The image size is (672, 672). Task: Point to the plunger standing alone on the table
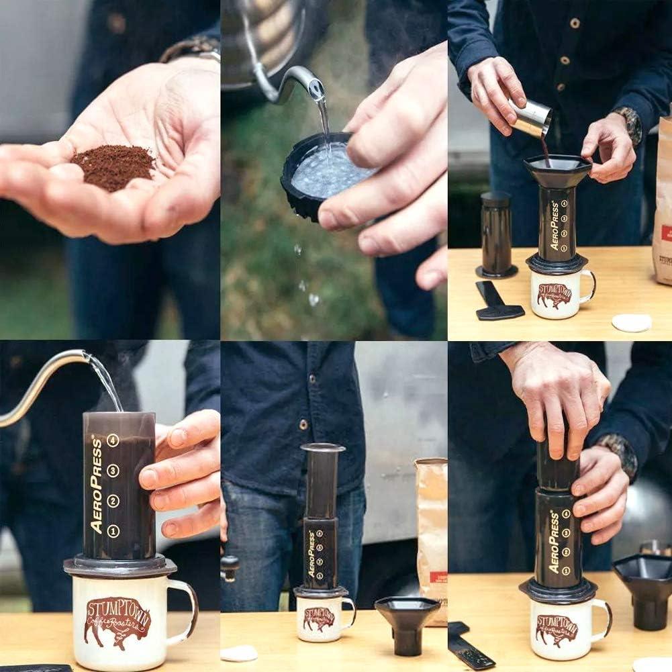coord(497,235)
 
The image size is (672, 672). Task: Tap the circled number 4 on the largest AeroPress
coord(113,440)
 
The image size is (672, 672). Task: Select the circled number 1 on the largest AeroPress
coord(113,531)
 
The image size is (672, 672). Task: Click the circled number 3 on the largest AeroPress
coord(113,471)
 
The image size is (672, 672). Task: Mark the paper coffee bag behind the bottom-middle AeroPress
coord(431,524)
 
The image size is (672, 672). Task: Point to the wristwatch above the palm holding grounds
coord(191,48)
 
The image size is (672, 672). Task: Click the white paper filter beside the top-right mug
coord(631,323)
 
